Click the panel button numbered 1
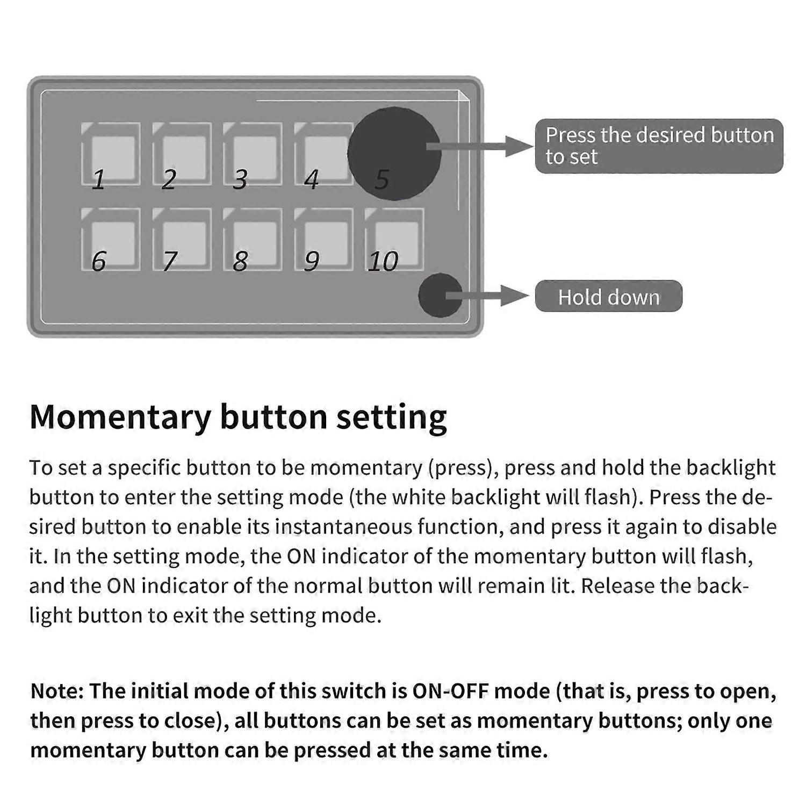pos(111,154)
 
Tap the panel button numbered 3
pos(253,154)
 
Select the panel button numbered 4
pos(322,154)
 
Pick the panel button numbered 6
pos(111,239)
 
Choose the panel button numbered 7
pos(182,239)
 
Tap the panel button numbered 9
pos(323,239)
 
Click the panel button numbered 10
pos(394,239)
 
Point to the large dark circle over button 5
pos(394,153)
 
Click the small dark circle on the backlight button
pos(440,295)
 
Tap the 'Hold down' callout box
pos(608,296)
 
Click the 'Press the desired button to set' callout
pos(659,146)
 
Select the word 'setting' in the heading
pos(392,418)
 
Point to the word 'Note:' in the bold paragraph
pos(57,691)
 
